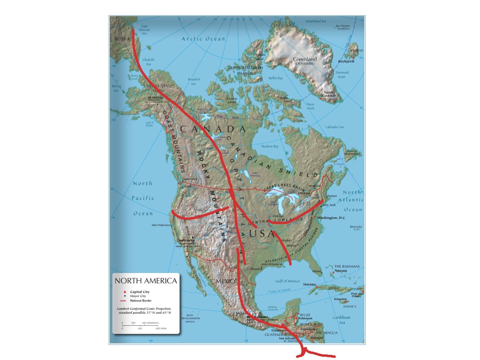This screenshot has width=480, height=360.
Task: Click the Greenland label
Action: tap(305, 60)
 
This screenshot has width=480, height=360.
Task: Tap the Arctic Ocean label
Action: tap(203, 39)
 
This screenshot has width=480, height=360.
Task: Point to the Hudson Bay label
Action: tap(270, 146)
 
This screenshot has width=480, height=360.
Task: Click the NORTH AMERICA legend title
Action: tap(146, 281)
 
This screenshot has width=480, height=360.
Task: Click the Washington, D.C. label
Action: tap(334, 218)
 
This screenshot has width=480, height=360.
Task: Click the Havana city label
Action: tap(309, 284)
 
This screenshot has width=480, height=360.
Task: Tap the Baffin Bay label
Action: tap(276, 78)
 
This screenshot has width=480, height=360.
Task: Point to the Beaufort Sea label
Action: tap(194, 82)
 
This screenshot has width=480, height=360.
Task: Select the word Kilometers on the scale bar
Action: tap(150, 323)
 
